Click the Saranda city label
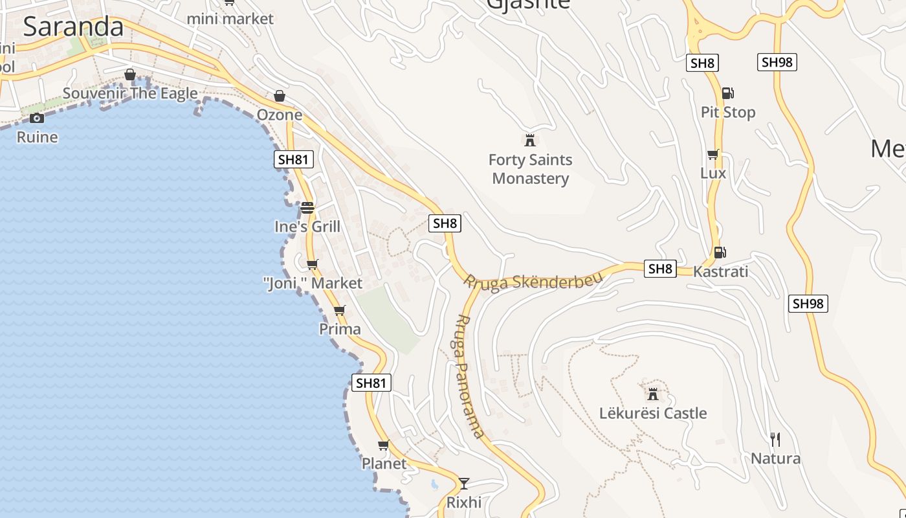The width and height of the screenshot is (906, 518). [x=73, y=27]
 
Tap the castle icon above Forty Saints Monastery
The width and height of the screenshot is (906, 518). [x=530, y=139]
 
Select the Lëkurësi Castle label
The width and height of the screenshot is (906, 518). [x=653, y=413]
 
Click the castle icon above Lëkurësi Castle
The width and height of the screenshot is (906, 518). [x=652, y=393]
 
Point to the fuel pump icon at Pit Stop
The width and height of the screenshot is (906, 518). [x=727, y=93]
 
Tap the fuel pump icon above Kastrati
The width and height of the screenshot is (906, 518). [x=719, y=252]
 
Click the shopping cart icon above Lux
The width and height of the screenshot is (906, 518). [x=713, y=154]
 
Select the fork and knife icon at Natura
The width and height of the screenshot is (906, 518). [x=775, y=440]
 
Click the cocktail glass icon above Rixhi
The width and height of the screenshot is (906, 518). [x=463, y=483]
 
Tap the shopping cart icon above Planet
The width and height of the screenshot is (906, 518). [x=383, y=445]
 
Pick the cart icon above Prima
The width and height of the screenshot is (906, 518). [x=339, y=310]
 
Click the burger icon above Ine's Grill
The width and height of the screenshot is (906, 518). [x=307, y=208]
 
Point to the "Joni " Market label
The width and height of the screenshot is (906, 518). [x=313, y=283]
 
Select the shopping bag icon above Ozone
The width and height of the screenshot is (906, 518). [x=280, y=96]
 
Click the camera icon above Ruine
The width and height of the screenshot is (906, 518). [x=37, y=118]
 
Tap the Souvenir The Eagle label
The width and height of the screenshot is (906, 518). [x=130, y=93]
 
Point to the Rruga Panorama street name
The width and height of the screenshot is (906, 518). [x=469, y=376]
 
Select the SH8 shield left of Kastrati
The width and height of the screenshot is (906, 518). [x=660, y=269]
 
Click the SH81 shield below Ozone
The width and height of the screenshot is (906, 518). [x=294, y=159]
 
